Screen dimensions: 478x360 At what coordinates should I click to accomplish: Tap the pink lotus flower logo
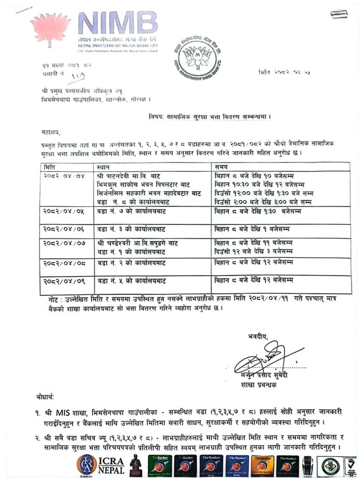click(51, 29)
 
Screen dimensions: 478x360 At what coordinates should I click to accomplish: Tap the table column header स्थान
click(104, 167)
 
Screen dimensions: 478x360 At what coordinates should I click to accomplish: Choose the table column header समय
click(223, 167)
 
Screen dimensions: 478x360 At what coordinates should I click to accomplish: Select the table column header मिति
click(50, 167)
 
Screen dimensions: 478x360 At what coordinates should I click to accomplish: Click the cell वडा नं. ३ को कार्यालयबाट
click(131, 229)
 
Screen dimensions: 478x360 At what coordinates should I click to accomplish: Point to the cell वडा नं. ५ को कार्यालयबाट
click(131, 280)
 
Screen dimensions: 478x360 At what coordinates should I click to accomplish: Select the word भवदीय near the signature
click(258, 336)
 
